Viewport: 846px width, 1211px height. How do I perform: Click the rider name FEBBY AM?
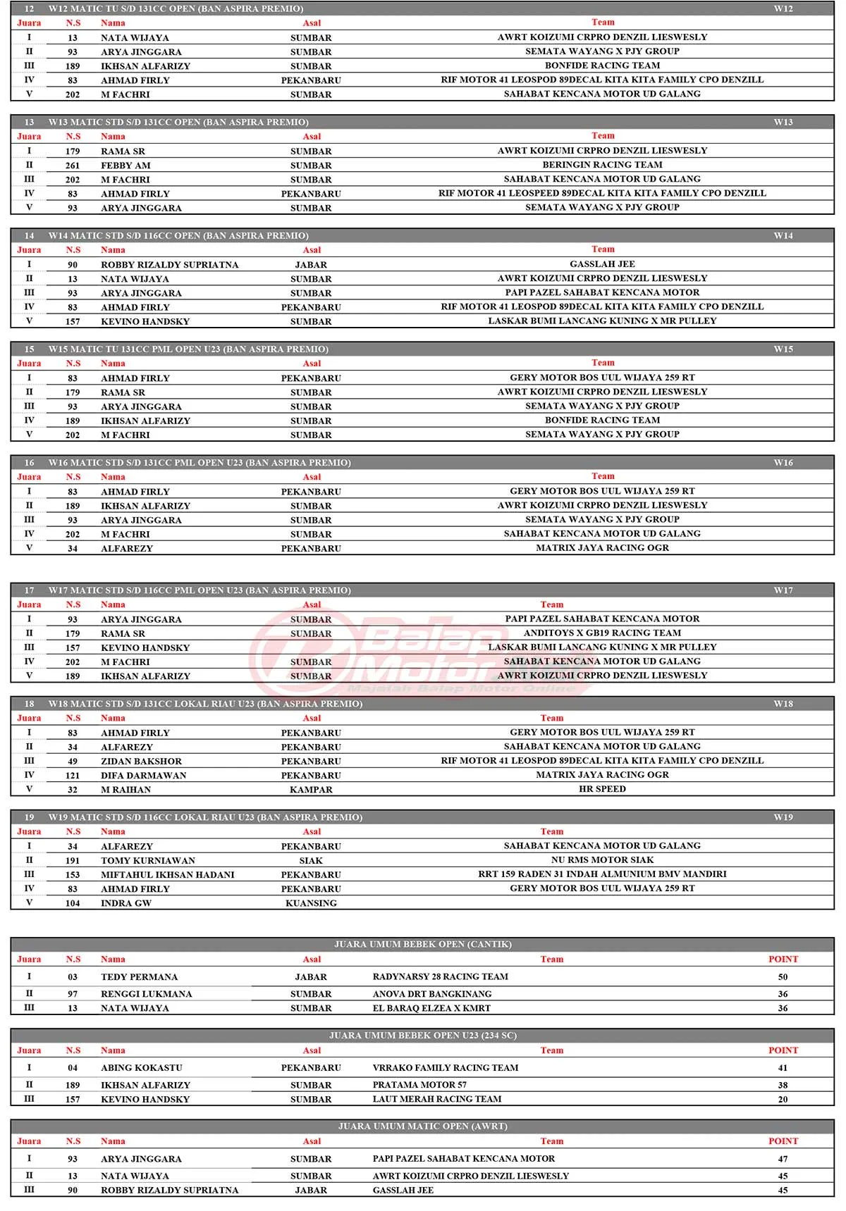coord(125,166)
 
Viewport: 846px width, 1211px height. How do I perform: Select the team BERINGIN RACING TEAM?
coord(602,165)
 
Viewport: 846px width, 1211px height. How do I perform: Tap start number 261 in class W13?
coord(73,166)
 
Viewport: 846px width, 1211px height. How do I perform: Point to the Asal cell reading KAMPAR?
coord(311,790)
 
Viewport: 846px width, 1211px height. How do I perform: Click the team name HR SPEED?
coord(602,789)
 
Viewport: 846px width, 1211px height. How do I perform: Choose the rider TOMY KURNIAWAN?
coord(148,861)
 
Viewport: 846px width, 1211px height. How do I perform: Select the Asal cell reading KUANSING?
coord(311,903)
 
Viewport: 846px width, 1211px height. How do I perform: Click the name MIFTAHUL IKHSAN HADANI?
coord(167,875)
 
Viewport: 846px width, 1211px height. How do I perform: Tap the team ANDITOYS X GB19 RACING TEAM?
coord(602,633)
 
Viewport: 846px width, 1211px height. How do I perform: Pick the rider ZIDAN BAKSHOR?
coord(141,762)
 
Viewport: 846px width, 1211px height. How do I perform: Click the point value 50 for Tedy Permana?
coord(783,977)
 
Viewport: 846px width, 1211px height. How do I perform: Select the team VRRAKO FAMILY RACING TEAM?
coord(445,1068)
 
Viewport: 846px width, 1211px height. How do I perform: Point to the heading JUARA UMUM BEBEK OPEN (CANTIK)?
coord(422,944)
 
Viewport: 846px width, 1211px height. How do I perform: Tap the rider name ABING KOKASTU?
coord(141,1068)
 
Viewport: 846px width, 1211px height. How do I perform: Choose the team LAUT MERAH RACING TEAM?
coord(437,1099)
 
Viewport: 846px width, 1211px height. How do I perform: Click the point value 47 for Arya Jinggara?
coord(783,1159)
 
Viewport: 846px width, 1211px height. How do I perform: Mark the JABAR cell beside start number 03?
coord(311,977)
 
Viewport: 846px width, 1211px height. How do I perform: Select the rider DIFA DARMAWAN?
coord(143,776)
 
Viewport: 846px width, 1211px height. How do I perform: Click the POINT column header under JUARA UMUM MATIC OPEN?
coord(783,1141)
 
